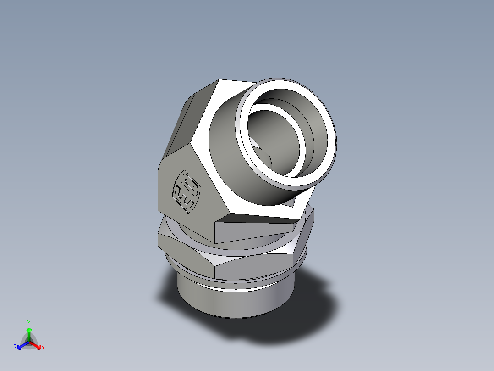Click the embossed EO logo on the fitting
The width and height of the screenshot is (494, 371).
tap(186, 191)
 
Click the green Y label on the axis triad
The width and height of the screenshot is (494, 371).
tap(29, 322)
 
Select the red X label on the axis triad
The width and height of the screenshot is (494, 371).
tap(43, 348)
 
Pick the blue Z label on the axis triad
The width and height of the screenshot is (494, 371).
tap(15, 348)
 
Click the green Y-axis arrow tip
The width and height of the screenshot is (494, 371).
tap(29, 330)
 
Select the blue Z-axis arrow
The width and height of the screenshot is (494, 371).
tap(21, 345)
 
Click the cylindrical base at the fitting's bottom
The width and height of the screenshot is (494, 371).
tap(234, 303)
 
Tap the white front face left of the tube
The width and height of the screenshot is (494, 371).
tap(215, 161)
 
